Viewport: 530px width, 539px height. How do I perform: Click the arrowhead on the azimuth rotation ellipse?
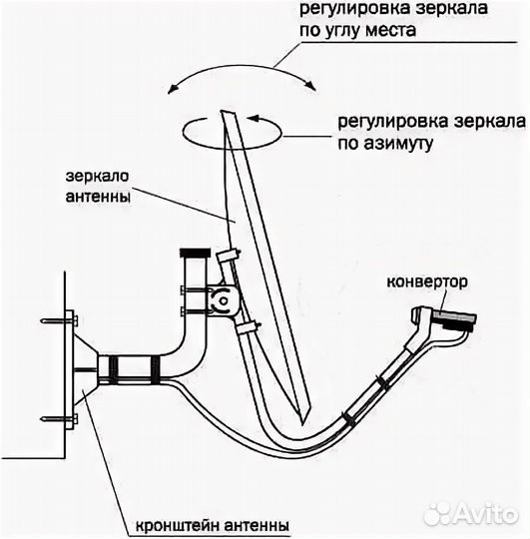(x=253, y=119)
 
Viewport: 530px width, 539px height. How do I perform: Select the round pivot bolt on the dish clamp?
(x=224, y=297)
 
